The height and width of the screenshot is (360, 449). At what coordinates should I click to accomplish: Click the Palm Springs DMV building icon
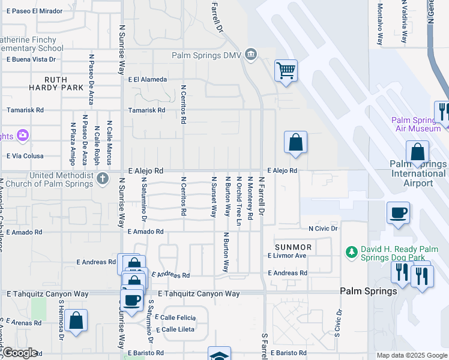point(251,56)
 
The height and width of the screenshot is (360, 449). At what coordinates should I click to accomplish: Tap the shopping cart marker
point(286,70)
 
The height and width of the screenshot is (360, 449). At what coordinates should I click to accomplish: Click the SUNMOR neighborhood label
point(293,247)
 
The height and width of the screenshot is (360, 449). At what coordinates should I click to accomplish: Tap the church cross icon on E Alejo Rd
point(103,178)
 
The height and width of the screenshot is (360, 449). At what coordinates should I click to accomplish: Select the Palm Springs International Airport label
point(418,173)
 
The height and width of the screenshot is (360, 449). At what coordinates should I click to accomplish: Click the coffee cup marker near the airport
point(398,212)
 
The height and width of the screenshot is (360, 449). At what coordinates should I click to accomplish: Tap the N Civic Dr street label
point(323,229)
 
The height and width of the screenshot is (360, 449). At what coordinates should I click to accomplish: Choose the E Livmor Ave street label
point(287,256)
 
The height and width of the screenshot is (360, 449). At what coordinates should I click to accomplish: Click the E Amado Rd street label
point(146,231)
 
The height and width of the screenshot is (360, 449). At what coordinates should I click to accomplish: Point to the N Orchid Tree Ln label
point(239,201)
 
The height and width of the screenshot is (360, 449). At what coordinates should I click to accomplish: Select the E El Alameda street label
point(147,79)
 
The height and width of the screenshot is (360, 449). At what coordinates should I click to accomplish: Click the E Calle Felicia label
point(175,317)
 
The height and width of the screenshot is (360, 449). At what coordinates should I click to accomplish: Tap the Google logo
point(19,353)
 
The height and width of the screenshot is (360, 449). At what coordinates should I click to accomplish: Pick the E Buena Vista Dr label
point(31,59)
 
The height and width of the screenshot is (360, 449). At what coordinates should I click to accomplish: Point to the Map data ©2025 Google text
point(411,355)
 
